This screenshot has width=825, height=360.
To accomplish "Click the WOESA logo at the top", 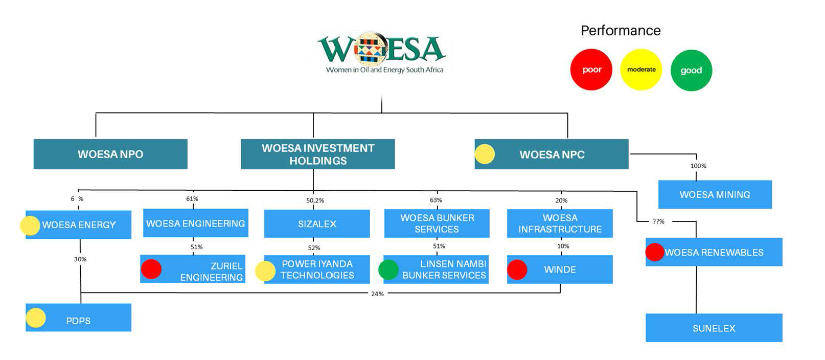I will [x=382, y=53].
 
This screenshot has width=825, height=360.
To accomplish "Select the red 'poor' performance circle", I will [x=591, y=70].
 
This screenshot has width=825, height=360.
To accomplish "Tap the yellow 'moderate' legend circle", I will [x=641, y=70].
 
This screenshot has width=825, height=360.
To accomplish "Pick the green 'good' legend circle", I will [x=691, y=71].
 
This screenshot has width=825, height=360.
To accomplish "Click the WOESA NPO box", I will [x=110, y=154].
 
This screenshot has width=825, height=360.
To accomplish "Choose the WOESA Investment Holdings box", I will [x=318, y=154].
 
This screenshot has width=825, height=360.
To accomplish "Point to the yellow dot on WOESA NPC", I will [x=485, y=154].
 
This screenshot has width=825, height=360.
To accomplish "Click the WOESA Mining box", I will [x=715, y=194].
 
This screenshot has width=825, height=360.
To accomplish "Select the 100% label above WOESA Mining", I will [x=698, y=166].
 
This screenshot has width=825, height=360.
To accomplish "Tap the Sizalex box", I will [x=317, y=223].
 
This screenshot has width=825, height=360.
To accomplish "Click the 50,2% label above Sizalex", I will [x=315, y=200].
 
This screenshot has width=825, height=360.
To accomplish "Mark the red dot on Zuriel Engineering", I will [x=151, y=269].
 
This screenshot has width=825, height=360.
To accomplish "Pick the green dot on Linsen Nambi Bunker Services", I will [x=388, y=269].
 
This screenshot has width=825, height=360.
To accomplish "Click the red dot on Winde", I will [x=517, y=269].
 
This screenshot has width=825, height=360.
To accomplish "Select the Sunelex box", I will [x=714, y=328].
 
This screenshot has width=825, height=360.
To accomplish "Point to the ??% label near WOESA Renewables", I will [x=658, y=221].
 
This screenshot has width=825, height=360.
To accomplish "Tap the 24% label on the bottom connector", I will [x=377, y=294].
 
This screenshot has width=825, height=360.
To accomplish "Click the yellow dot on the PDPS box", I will [x=36, y=318].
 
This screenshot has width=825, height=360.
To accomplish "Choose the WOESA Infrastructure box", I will [x=560, y=223].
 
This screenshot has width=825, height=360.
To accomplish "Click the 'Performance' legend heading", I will [x=621, y=31].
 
